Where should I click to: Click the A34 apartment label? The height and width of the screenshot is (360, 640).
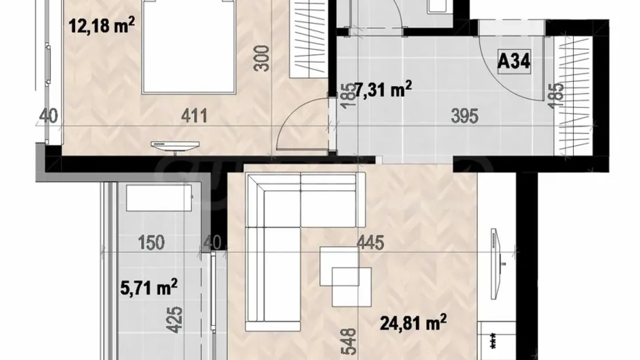[514, 62]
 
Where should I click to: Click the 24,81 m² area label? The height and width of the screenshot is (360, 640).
[413, 323]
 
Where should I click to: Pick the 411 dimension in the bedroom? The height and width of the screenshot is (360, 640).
[194, 117]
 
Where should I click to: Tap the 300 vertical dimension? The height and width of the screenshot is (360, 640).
[263, 58]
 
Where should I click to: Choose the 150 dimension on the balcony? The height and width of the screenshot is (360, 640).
[151, 243]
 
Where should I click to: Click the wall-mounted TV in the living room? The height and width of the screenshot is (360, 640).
[496, 264]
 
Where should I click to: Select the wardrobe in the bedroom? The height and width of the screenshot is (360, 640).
[308, 38]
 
